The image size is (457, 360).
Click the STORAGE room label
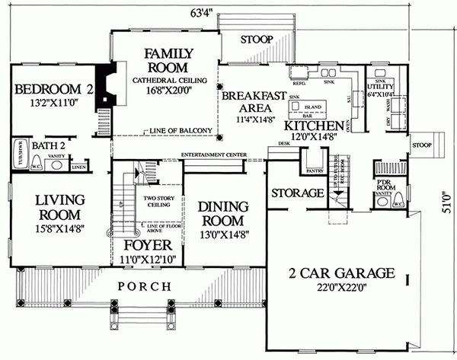[297, 193]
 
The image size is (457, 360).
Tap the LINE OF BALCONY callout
[181, 130]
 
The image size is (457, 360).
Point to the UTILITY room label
[381, 88]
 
